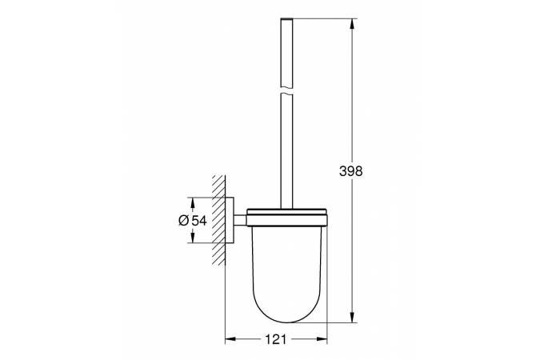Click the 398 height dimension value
(351, 171)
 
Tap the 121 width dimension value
(275, 338)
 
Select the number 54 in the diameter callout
(200, 221)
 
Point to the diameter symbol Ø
(183, 221)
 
